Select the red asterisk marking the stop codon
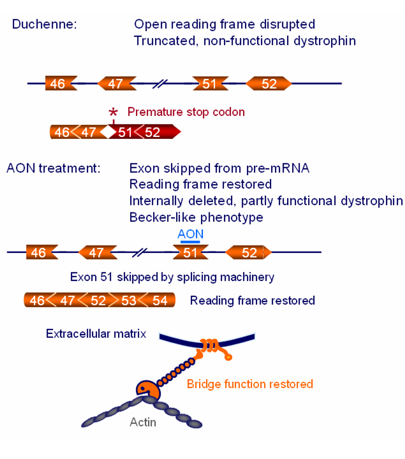tap(113, 113)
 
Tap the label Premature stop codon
tap(186, 112)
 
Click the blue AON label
tap(190, 234)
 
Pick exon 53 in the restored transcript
tap(129, 300)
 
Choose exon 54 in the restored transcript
tap(159, 300)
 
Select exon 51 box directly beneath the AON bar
tap(191, 252)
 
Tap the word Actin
tap(143, 421)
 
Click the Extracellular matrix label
tap(96, 334)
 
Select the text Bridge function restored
tap(249, 384)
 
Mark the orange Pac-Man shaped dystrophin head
tap(146, 390)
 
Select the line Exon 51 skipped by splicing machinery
tap(172, 277)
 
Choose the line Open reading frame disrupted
tap(225, 25)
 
